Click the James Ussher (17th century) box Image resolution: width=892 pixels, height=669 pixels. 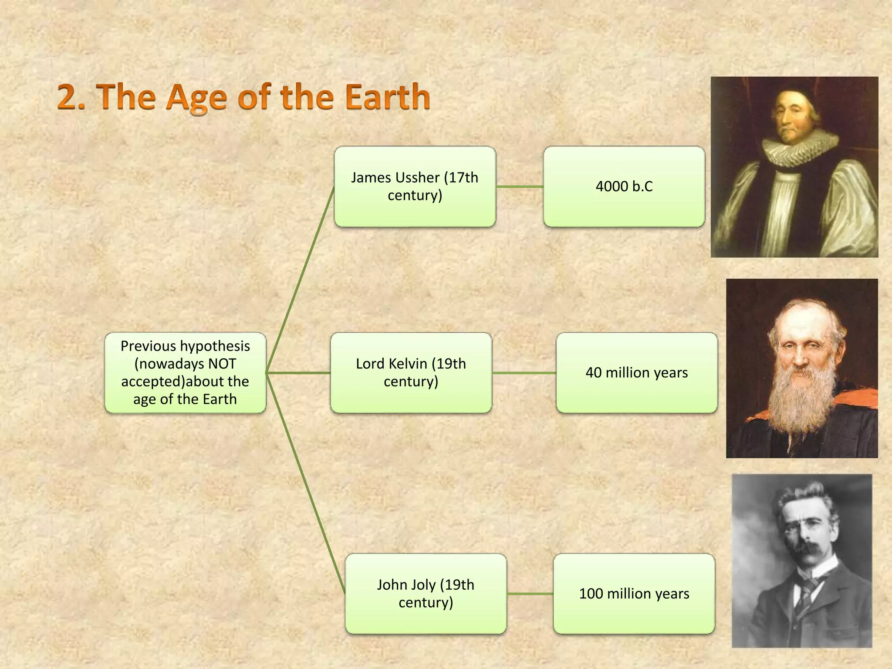(x=415, y=186)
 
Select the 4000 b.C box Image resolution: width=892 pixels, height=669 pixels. (x=624, y=186)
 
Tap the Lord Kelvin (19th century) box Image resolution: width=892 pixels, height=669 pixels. (x=411, y=372)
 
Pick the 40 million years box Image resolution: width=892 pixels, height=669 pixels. (x=636, y=372)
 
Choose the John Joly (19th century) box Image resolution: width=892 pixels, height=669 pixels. (x=426, y=593)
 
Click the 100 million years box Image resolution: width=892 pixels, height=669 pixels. (x=634, y=593)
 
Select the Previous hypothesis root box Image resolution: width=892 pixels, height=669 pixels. (x=185, y=372)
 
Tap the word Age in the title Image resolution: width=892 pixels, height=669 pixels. (x=196, y=98)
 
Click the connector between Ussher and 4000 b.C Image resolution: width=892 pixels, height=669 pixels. (x=519, y=186)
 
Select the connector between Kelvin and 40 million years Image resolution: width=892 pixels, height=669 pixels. (x=524, y=373)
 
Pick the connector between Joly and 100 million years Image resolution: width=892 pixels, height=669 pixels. (x=530, y=594)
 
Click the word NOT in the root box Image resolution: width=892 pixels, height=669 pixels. (x=222, y=364)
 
